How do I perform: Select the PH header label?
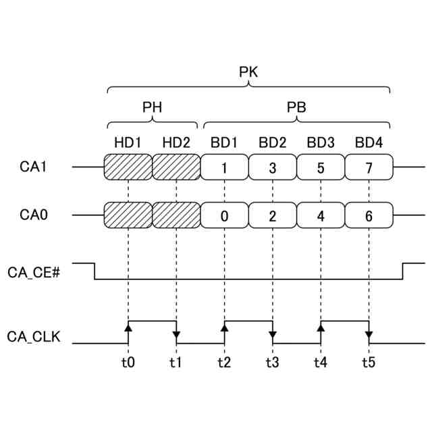pyautogui.click(x=152, y=107)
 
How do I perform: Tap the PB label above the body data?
pyautogui.click(x=297, y=107)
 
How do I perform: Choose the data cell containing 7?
pyautogui.click(x=369, y=167)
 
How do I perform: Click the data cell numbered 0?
pyautogui.click(x=224, y=216)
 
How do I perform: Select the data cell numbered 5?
pyautogui.click(x=321, y=167)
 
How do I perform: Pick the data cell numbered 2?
pyautogui.click(x=273, y=216)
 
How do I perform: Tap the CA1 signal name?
pyautogui.click(x=33, y=167)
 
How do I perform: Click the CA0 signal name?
pyautogui.click(x=33, y=215)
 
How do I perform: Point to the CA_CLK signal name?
pyautogui.click(x=33, y=335)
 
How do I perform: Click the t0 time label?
pyautogui.click(x=128, y=362)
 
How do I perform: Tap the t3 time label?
pyautogui.click(x=272, y=362)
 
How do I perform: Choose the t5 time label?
pyautogui.click(x=369, y=362)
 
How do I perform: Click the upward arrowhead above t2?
pyautogui.click(x=224, y=328)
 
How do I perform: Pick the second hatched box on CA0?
pyautogui.click(x=176, y=216)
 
